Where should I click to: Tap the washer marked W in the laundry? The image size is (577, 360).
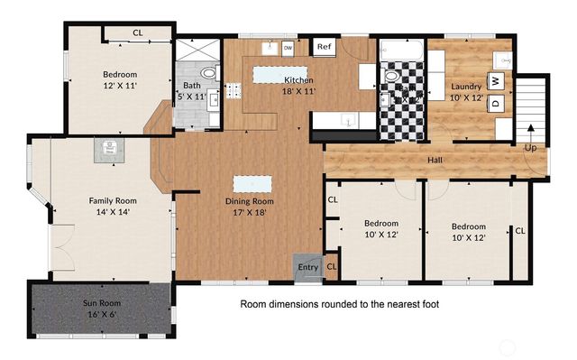click(495, 79)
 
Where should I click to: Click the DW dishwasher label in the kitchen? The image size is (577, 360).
click(288, 47)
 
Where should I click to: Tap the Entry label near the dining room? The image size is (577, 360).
click(308, 266)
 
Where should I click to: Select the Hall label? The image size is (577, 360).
click(435, 161)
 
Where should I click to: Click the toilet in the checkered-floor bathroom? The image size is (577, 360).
click(392, 77)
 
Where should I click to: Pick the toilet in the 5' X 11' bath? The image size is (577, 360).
click(208, 73)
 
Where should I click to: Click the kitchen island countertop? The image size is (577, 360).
click(279, 74)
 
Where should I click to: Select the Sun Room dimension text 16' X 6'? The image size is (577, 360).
click(101, 315)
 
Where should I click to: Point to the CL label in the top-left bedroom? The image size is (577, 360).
click(138, 32)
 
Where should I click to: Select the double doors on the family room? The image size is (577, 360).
click(60, 240)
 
